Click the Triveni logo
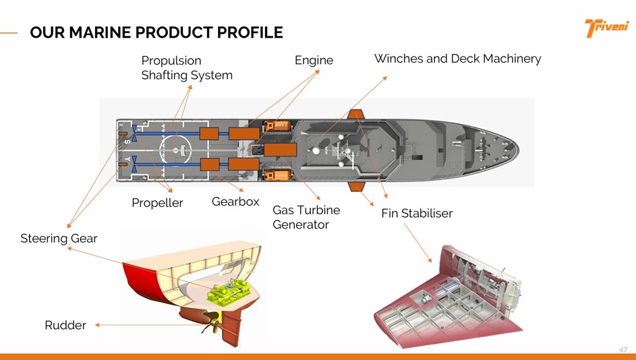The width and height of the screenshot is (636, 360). [x=606, y=28]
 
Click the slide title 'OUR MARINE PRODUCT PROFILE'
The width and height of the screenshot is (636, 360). [x=156, y=32]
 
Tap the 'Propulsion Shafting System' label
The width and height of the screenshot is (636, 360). [x=186, y=67]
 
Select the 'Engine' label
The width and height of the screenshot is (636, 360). [x=314, y=60]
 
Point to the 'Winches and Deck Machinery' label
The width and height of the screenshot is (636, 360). [x=457, y=59]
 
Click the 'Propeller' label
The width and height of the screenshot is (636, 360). [x=157, y=203]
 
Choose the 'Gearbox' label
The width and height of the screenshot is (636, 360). [x=235, y=202]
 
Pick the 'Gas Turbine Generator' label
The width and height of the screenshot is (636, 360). [x=306, y=217]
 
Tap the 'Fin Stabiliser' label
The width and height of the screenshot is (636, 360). [x=417, y=213]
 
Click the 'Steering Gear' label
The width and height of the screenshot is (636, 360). [x=59, y=238]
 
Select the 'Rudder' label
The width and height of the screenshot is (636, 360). [x=65, y=326]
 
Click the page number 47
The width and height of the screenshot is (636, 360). [x=623, y=350]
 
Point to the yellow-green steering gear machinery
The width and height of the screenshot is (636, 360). [x=229, y=293]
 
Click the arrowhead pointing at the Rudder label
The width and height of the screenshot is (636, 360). [x=98, y=325]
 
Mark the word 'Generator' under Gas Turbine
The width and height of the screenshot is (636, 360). [x=300, y=224]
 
